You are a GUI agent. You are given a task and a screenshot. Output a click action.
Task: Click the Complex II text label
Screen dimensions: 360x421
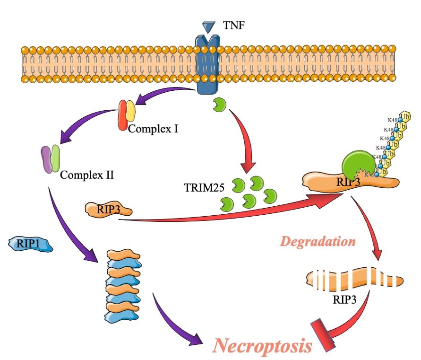pos(87,176)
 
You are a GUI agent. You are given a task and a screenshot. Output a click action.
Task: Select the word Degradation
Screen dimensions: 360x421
pos(318,242)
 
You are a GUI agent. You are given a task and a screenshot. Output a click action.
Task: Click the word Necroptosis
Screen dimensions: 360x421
pos(262,346)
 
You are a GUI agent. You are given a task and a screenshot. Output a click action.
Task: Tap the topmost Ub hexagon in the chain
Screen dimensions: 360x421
pos(404,117)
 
